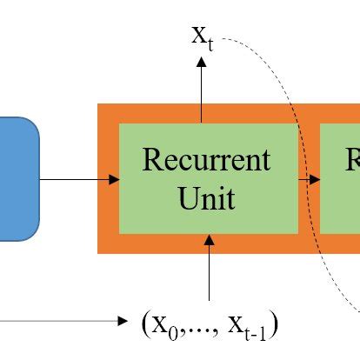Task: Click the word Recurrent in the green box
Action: tap(207, 161)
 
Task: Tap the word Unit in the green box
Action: tap(207, 198)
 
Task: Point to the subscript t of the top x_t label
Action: tap(210, 43)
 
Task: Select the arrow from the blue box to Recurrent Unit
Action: tap(78, 179)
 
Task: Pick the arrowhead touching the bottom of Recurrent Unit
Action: tap(209, 238)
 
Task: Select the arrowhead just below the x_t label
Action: tap(202, 63)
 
